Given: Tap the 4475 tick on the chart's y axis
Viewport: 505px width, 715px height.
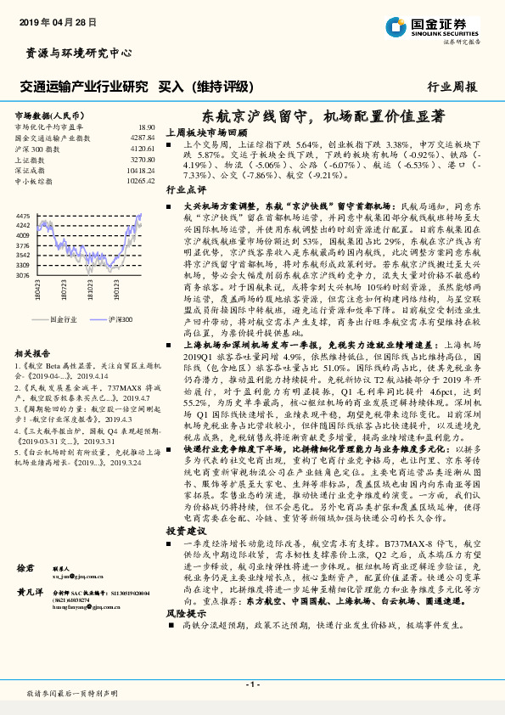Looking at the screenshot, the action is pos(23,217).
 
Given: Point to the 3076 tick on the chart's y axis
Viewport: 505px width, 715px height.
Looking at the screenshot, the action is pos(23,275).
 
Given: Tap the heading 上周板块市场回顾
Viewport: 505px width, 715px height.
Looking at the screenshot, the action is pos(206,133).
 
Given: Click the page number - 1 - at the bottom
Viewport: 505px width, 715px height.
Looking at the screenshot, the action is pos(252,684).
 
